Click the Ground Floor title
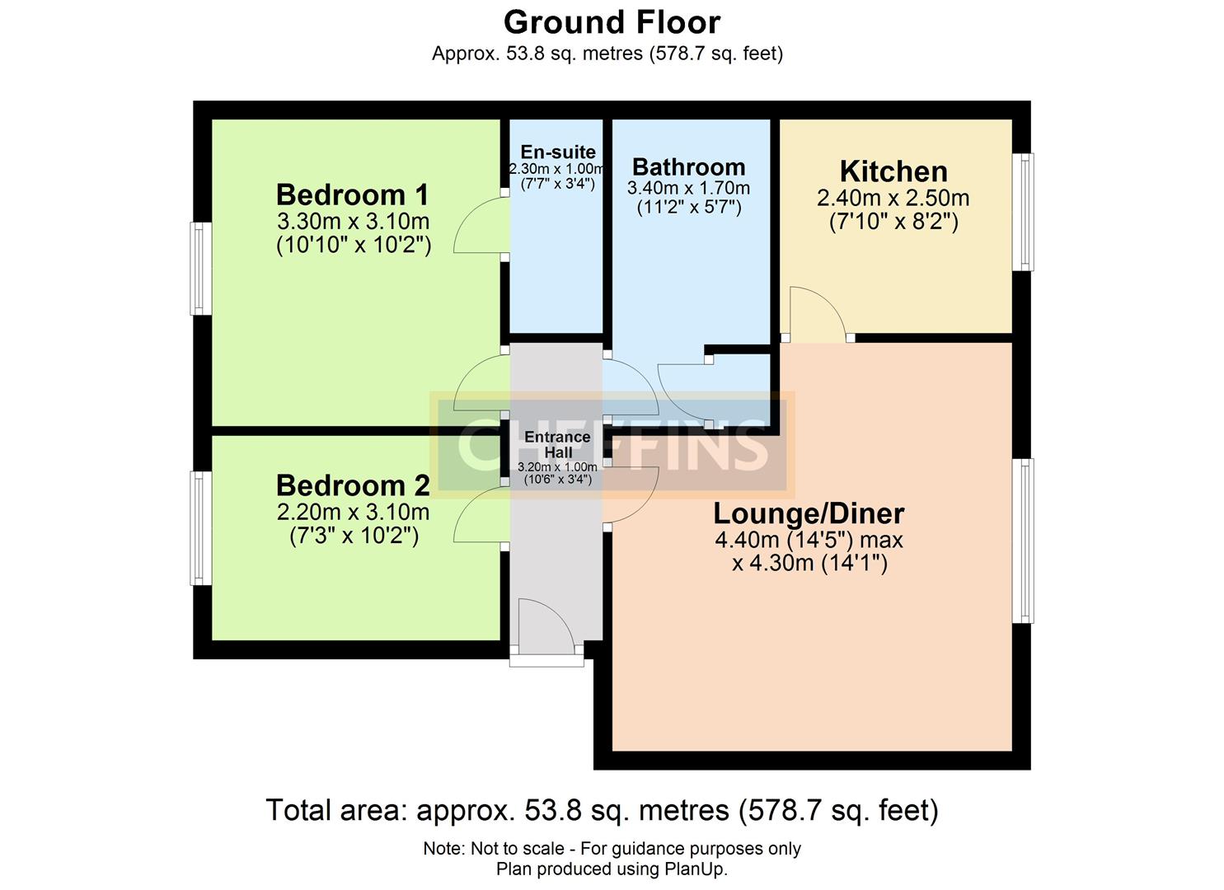612,22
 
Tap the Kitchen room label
893,171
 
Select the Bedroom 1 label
353,195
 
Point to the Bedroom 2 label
353,485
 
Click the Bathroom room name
688,167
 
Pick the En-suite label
558,152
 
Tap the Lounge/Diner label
809,513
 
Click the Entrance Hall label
558,444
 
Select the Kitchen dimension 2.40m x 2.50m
893,199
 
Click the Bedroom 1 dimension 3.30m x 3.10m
353,222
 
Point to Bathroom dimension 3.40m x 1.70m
688,189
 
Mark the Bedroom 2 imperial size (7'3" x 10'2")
354,536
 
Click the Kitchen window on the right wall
1023,212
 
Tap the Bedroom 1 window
199,269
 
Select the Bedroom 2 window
199,527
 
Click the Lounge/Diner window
1023,541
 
